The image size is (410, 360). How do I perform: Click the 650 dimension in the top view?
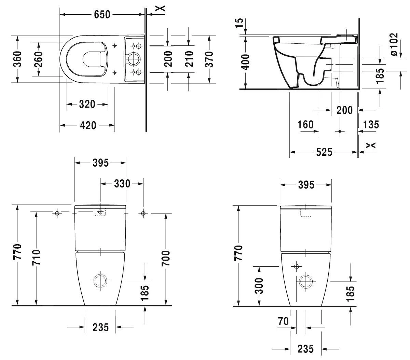click(x=102, y=14)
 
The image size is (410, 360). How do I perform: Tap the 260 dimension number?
click(x=38, y=59)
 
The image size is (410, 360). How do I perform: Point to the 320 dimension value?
click(x=87, y=104)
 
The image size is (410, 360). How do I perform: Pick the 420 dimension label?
click(x=88, y=125)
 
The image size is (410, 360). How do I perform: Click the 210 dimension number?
click(x=189, y=59)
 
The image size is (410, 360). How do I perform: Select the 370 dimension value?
click(x=209, y=59)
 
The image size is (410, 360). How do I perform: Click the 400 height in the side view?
click(x=245, y=62)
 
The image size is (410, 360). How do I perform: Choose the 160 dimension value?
click(x=305, y=125)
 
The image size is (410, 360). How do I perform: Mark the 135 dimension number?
click(x=371, y=125)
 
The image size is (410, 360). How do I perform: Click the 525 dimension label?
click(x=324, y=152)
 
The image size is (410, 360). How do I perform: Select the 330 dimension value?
click(x=122, y=183)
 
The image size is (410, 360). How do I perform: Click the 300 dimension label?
click(x=259, y=286)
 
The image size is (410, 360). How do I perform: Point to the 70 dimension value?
click(x=283, y=321)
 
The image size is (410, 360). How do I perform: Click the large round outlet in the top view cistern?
click(x=133, y=59)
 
